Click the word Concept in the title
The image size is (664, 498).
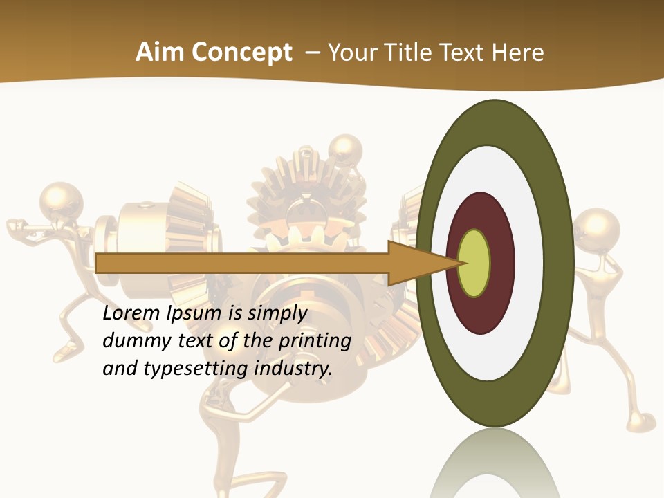point(242,53)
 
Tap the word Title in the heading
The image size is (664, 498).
point(409,53)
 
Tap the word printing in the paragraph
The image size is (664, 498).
point(314,341)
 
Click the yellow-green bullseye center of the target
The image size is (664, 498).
point(474,264)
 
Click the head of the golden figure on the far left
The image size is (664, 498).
point(62,201)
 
